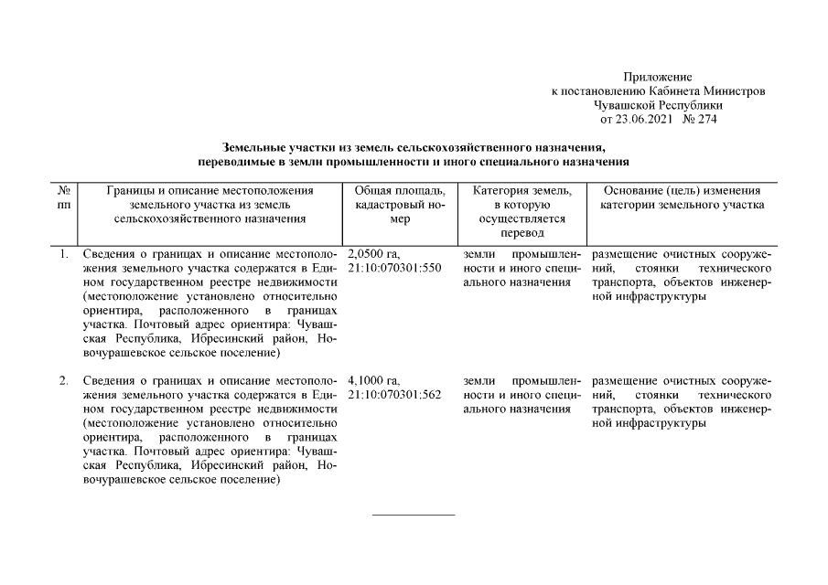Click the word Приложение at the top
coord(657,78)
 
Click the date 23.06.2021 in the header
coord(650,119)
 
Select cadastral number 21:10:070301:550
coord(395,268)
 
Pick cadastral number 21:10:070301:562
coord(395,394)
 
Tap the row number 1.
coord(64,253)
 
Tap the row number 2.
coord(64,379)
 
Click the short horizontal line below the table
coord(414,515)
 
